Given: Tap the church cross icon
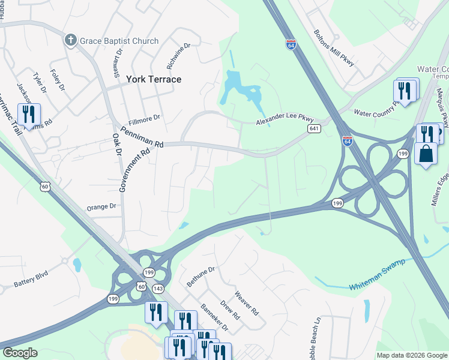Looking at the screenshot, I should pos(70,41).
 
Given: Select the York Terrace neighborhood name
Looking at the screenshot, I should pos(154,79).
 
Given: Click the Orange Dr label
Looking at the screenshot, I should pos(101,206).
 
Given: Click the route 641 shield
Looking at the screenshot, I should pos(314,129).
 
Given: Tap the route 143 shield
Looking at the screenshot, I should pos(158,289).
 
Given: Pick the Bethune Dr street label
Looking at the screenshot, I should pos(200,277).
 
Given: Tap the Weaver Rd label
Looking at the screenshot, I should pos(246,304).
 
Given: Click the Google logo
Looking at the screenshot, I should pos(20,353).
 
